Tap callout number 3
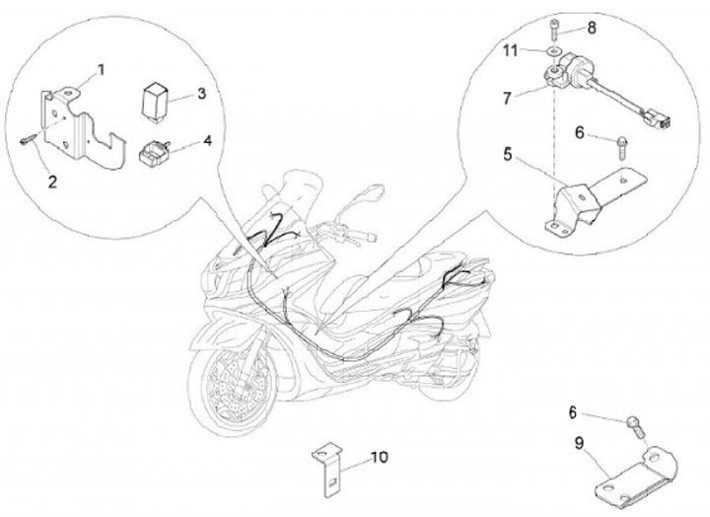(x=200, y=94)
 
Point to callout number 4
(x=207, y=141)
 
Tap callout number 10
(x=380, y=458)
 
